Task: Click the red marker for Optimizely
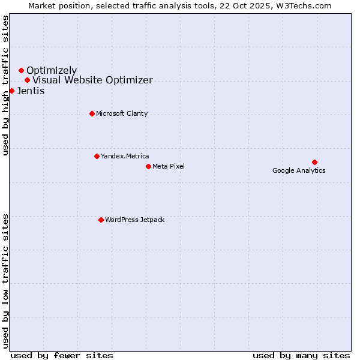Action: [21, 71]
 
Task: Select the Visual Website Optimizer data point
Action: [27, 80]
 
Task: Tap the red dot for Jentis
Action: [11, 91]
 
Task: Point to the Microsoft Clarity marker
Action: [92, 113]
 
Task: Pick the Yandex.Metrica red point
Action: [97, 156]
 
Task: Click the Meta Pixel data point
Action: [148, 166]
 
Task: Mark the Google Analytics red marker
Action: [314, 162]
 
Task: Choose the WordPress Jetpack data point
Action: [101, 220]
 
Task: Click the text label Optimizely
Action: [52, 71]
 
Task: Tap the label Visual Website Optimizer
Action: [92, 80]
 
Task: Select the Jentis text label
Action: [31, 91]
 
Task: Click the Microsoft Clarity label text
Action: [122, 113]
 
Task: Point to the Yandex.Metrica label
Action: [125, 156]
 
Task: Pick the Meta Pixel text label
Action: [169, 166]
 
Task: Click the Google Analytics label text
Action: [299, 170]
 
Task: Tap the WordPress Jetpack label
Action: [134, 220]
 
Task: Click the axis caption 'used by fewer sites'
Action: [62, 355]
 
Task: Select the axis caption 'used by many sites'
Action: [301, 355]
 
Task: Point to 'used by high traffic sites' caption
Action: [5, 85]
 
